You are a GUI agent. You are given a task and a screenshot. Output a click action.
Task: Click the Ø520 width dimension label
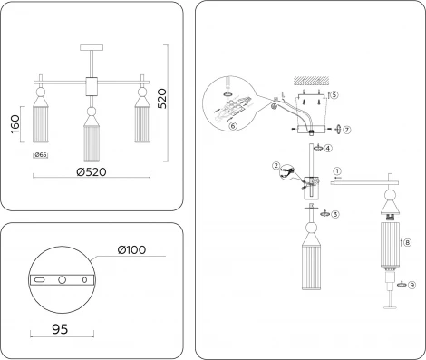(x=92, y=172)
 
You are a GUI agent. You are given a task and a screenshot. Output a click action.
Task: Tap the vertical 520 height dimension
(x=162, y=99)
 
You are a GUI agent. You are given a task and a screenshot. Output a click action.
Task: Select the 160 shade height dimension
(x=15, y=124)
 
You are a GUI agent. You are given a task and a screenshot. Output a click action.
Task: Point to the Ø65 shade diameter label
(x=41, y=155)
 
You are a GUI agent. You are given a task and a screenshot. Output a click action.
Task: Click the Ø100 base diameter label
(x=131, y=249)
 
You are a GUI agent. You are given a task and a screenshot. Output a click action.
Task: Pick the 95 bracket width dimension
(x=60, y=329)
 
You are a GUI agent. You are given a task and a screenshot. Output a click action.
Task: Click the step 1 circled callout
(x=337, y=171)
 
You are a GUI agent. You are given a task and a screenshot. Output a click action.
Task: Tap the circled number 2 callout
(x=276, y=166)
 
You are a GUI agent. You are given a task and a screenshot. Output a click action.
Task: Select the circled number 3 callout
(x=335, y=214)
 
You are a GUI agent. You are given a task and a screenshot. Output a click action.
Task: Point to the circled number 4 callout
(x=328, y=148)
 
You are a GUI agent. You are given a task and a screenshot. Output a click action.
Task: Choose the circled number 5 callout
(x=334, y=95)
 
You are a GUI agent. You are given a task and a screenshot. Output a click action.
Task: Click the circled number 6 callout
(x=233, y=126)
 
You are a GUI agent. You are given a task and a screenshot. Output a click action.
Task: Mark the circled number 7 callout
(x=347, y=130)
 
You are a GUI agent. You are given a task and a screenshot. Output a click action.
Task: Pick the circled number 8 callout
(x=408, y=242)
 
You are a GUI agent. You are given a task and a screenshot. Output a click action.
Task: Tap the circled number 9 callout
(x=411, y=285)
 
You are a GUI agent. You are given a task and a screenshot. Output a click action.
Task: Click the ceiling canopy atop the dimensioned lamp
(x=92, y=47)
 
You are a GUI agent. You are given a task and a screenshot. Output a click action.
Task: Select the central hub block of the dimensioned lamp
(x=92, y=86)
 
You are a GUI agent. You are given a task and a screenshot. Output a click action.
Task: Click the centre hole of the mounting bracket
(x=62, y=280)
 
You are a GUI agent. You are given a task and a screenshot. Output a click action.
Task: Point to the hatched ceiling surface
(x=312, y=80)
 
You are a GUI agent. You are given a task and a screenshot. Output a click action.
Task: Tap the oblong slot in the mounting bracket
(x=39, y=280)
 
